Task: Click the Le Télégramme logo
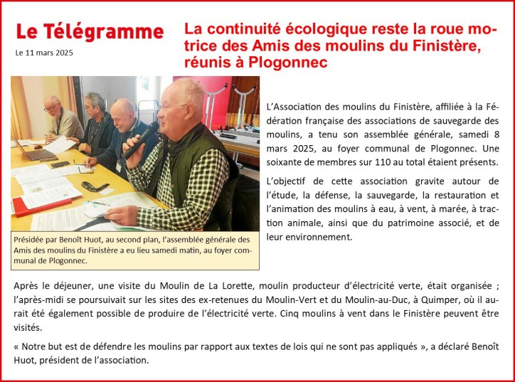point(89,31)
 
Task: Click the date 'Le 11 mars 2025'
point(44,53)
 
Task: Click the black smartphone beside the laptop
point(60,164)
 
